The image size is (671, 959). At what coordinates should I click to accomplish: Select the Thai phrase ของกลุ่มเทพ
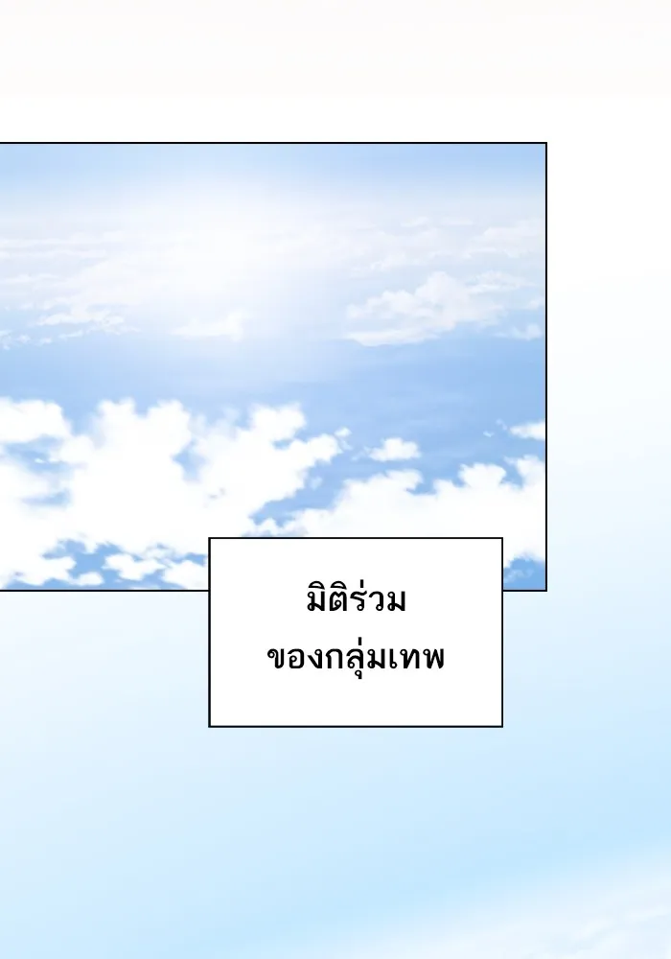(355, 660)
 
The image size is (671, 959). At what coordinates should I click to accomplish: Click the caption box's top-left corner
(210, 539)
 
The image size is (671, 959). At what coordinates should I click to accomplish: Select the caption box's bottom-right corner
(501, 726)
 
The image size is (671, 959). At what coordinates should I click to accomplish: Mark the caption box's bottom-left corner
(210, 726)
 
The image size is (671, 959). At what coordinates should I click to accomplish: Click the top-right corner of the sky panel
(545, 144)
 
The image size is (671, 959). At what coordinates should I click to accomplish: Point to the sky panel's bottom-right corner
(545, 589)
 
